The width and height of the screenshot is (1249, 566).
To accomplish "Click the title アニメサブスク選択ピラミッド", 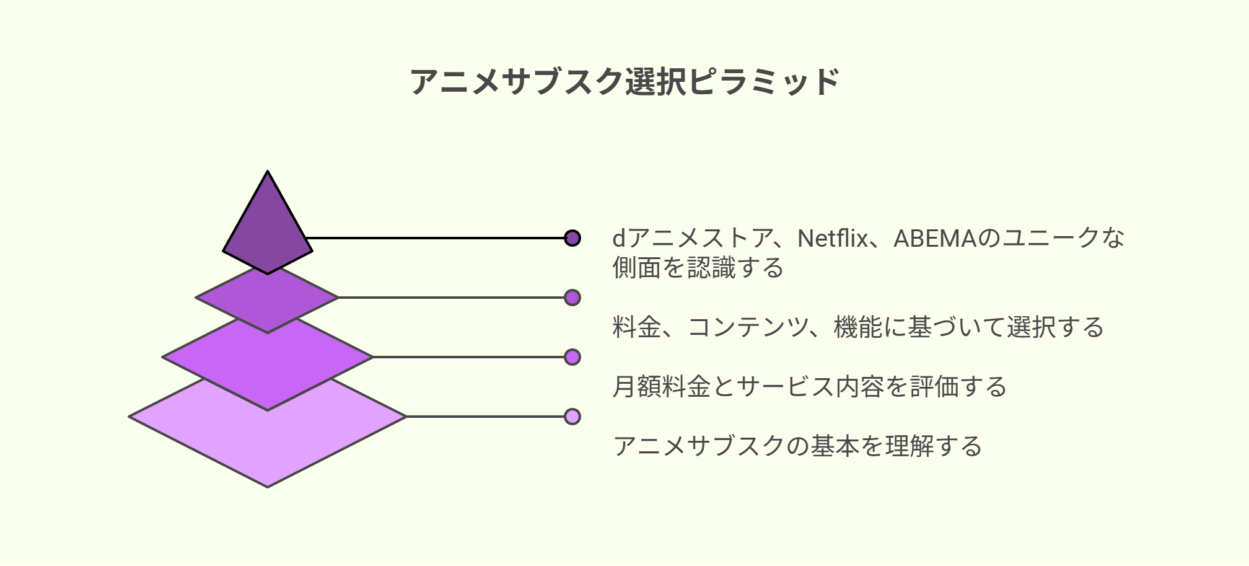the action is [624, 82].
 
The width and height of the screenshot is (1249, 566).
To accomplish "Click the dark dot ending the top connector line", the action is [572, 238].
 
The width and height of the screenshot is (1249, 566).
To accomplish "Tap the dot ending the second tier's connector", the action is [572, 298].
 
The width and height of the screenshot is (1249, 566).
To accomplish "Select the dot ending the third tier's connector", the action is [572, 357].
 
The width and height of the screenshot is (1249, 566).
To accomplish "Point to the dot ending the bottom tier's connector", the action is [572, 417].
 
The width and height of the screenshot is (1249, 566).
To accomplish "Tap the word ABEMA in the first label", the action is [935, 239].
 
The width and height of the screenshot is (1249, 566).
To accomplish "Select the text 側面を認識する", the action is [698, 268].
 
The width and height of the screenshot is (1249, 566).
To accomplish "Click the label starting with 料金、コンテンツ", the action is [858, 327].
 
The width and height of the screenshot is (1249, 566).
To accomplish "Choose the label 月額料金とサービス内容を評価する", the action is [810, 387].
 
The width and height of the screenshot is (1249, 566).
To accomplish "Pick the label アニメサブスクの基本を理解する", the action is [797, 446].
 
